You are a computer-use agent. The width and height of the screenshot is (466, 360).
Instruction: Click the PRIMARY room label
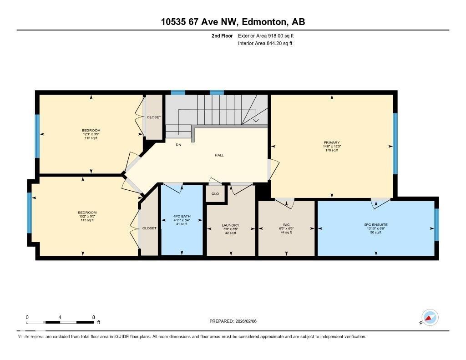332,142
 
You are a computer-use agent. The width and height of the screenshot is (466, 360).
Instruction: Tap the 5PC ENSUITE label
376,224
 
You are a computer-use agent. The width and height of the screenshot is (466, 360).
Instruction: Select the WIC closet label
286,224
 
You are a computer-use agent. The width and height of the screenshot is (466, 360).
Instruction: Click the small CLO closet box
215,193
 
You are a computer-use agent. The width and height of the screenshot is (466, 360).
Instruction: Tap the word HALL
219,155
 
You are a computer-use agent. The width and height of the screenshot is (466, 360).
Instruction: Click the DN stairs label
179,146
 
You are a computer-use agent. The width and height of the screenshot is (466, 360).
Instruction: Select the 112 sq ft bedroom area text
91,138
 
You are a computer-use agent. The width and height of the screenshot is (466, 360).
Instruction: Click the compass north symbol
430,317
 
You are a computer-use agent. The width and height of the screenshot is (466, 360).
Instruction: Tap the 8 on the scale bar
93,317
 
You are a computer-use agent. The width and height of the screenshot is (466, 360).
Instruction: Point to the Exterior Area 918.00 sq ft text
269,35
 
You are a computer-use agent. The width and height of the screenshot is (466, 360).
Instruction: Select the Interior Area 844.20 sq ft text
265,44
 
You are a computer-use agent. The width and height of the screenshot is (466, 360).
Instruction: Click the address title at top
233,22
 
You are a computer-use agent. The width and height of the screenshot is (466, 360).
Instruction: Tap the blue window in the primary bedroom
395,143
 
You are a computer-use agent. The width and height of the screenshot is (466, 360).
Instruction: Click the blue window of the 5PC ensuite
436,224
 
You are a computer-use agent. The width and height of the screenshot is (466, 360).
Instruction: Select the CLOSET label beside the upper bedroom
154,117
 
